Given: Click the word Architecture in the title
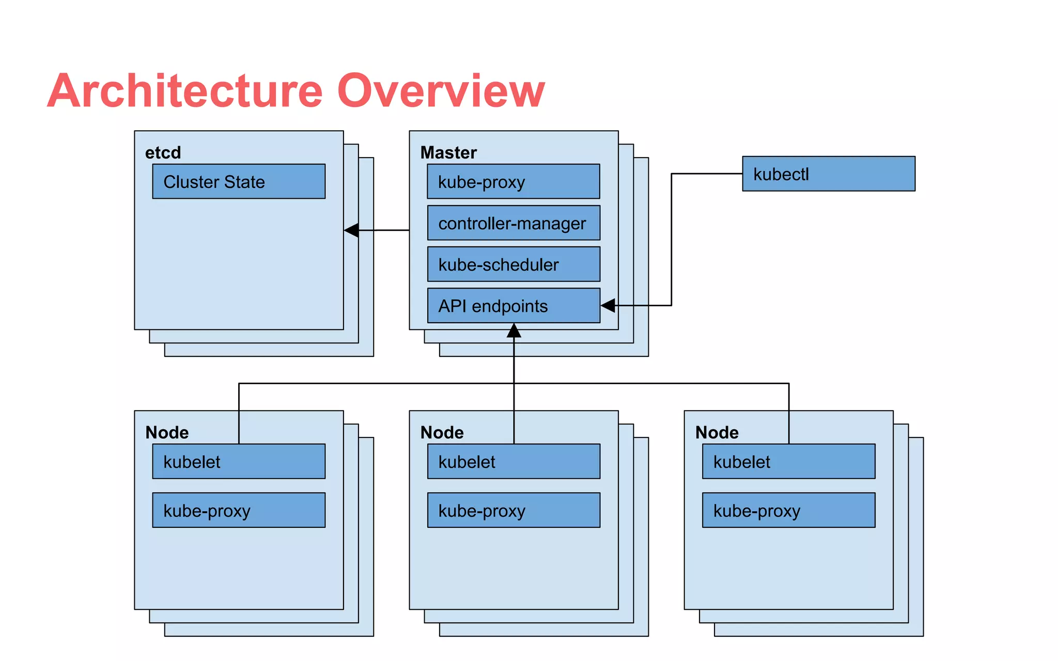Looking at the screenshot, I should click(185, 91).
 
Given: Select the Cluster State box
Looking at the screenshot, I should click(239, 181).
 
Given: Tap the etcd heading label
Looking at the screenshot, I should click(163, 152).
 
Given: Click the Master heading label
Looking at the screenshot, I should click(448, 152).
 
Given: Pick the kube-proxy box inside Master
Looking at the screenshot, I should click(514, 181).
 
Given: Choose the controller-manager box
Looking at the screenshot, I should click(514, 223).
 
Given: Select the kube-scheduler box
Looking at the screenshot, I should click(514, 264).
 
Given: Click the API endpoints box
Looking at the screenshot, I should click(514, 305).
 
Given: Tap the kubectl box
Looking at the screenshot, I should click(828, 174).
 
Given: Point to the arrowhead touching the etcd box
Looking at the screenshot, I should click(352, 230).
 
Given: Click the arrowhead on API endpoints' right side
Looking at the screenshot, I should click(608, 305).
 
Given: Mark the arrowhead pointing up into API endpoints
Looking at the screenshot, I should click(514, 330).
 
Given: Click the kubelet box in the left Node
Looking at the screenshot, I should click(239, 461).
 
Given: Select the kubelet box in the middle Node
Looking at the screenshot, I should click(514, 461).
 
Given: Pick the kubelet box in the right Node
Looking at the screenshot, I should click(788, 461).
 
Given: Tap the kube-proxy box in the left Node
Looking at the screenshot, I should click(239, 510).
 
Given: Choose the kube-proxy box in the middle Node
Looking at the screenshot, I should click(514, 510).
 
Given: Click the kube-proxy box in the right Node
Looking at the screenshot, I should click(788, 510).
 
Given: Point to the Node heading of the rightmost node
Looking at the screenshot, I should click(717, 432).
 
